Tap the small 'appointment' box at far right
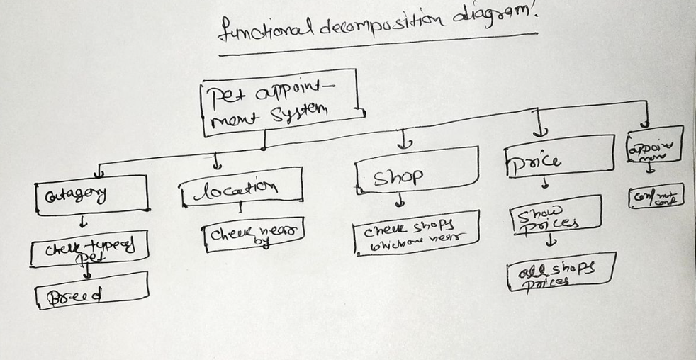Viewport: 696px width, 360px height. point(653,146)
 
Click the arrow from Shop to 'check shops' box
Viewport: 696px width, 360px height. point(401,204)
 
